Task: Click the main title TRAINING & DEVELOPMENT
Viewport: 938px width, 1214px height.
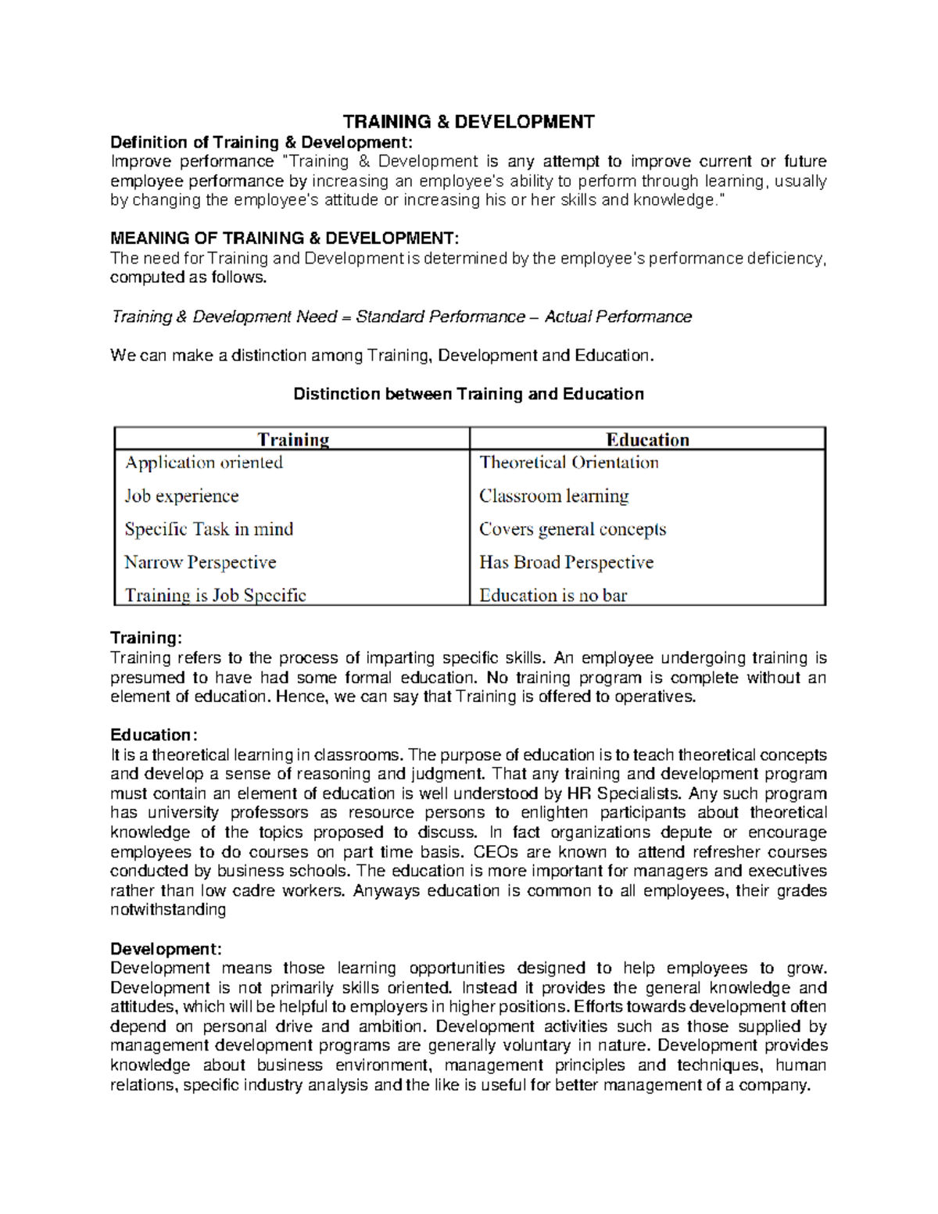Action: tap(468, 122)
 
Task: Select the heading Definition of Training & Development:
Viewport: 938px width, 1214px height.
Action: tap(260, 142)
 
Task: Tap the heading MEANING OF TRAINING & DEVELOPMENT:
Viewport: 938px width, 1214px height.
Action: tap(285, 238)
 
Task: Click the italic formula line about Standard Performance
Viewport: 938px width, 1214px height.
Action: tap(401, 317)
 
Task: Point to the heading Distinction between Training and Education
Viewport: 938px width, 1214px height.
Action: tap(468, 394)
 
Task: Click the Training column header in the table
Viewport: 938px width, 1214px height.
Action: tap(293, 439)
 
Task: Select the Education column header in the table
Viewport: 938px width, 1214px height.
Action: tap(647, 439)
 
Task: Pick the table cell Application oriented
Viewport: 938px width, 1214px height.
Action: tap(204, 463)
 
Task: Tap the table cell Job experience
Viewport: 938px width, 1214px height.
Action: tap(182, 496)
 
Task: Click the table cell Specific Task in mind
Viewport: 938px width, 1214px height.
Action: tap(209, 529)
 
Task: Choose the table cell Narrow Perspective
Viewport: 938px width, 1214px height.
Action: tap(201, 563)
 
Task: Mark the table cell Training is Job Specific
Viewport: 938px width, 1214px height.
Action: tap(216, 596)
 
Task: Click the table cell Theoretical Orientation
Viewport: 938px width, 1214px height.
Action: tap(569, 463)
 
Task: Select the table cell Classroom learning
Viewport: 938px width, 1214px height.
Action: tap(554, 496)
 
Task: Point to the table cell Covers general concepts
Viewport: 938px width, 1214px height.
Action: tap(573, 529)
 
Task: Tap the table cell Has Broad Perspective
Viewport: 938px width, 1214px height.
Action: tap(567, 563)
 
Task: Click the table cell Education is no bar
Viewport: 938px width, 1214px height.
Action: tap(553, 596)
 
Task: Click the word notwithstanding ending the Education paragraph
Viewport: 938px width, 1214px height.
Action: tap(168, 910)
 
